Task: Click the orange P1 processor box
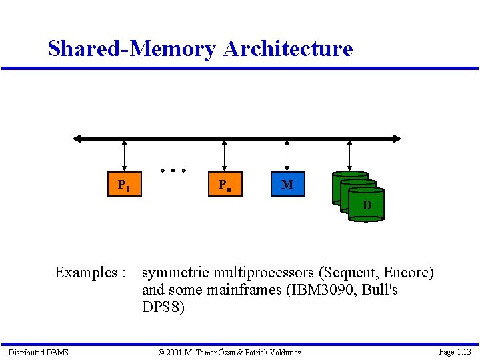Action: pyautogui.click(x=124, y=185)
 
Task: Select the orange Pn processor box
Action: pyautogui.click(x=225, y=185)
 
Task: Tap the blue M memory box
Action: pyautogui.click(x=287, y=185)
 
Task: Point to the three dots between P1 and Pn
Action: pyautogui.click(x=173, y=170)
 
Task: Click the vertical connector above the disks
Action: pyautogui.click(x=351, y=156)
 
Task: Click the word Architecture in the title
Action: pyautogui.click(x=288, y=49)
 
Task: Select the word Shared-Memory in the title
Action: pyautogui.click(x=132, y=49)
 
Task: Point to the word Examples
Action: pyautogui.click(x=86, y=273)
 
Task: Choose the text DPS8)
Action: pyautogui.click(x=163, y=307)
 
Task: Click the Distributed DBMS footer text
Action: pyautogui.click(x=39, y=352)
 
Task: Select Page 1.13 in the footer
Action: pyautogui.click(x=455, y=352)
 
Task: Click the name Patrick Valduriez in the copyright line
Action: pyautogui.click(x=273, y=352)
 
